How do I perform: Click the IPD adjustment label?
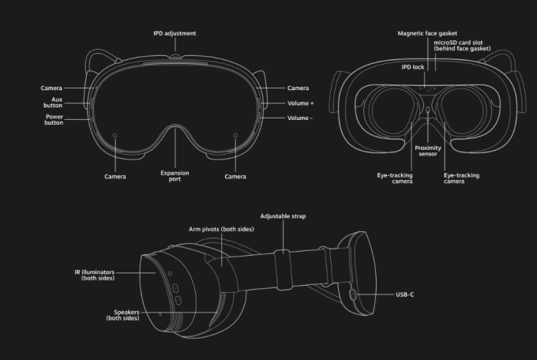[x=175, y=33]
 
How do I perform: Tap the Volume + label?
[x=300, y=103]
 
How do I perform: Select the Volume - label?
[x=300, y=118]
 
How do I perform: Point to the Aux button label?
[x=53, y=103]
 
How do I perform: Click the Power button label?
[x=54, y=119]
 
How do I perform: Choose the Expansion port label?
[x=175, y=176]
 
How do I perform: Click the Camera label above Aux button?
[x=51, y=88]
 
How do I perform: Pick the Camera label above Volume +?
[x=298, y=88]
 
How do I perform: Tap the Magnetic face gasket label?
[x=427, y=33]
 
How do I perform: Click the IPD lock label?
[x=413, y=67]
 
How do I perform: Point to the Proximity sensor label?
[x=428, y=151]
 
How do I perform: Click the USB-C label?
[x=405, y=294]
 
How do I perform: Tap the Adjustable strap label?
[x=283, y=216]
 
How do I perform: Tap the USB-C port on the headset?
[x=353, y=294]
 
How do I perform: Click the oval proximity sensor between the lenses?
[x=428, y=111]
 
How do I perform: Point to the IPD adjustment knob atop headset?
[x=175, y=55]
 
